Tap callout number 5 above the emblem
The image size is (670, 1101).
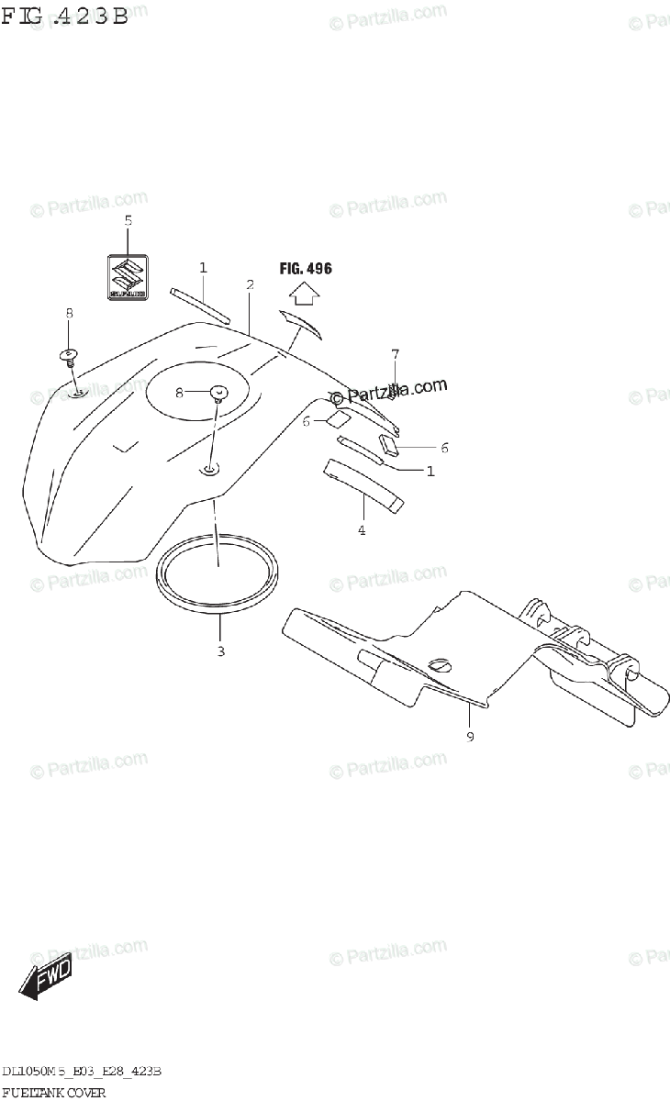[128, 220]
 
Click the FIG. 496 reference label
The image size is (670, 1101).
[306, 269]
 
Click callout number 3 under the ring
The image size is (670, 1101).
[220, 651]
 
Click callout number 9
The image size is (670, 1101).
[470, 736]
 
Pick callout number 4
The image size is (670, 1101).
[362, 530]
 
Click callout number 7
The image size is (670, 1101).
[396, 353]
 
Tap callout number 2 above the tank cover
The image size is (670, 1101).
[250, 284]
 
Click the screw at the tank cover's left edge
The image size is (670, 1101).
[68, 356]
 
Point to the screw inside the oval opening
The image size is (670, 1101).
[218, 395]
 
